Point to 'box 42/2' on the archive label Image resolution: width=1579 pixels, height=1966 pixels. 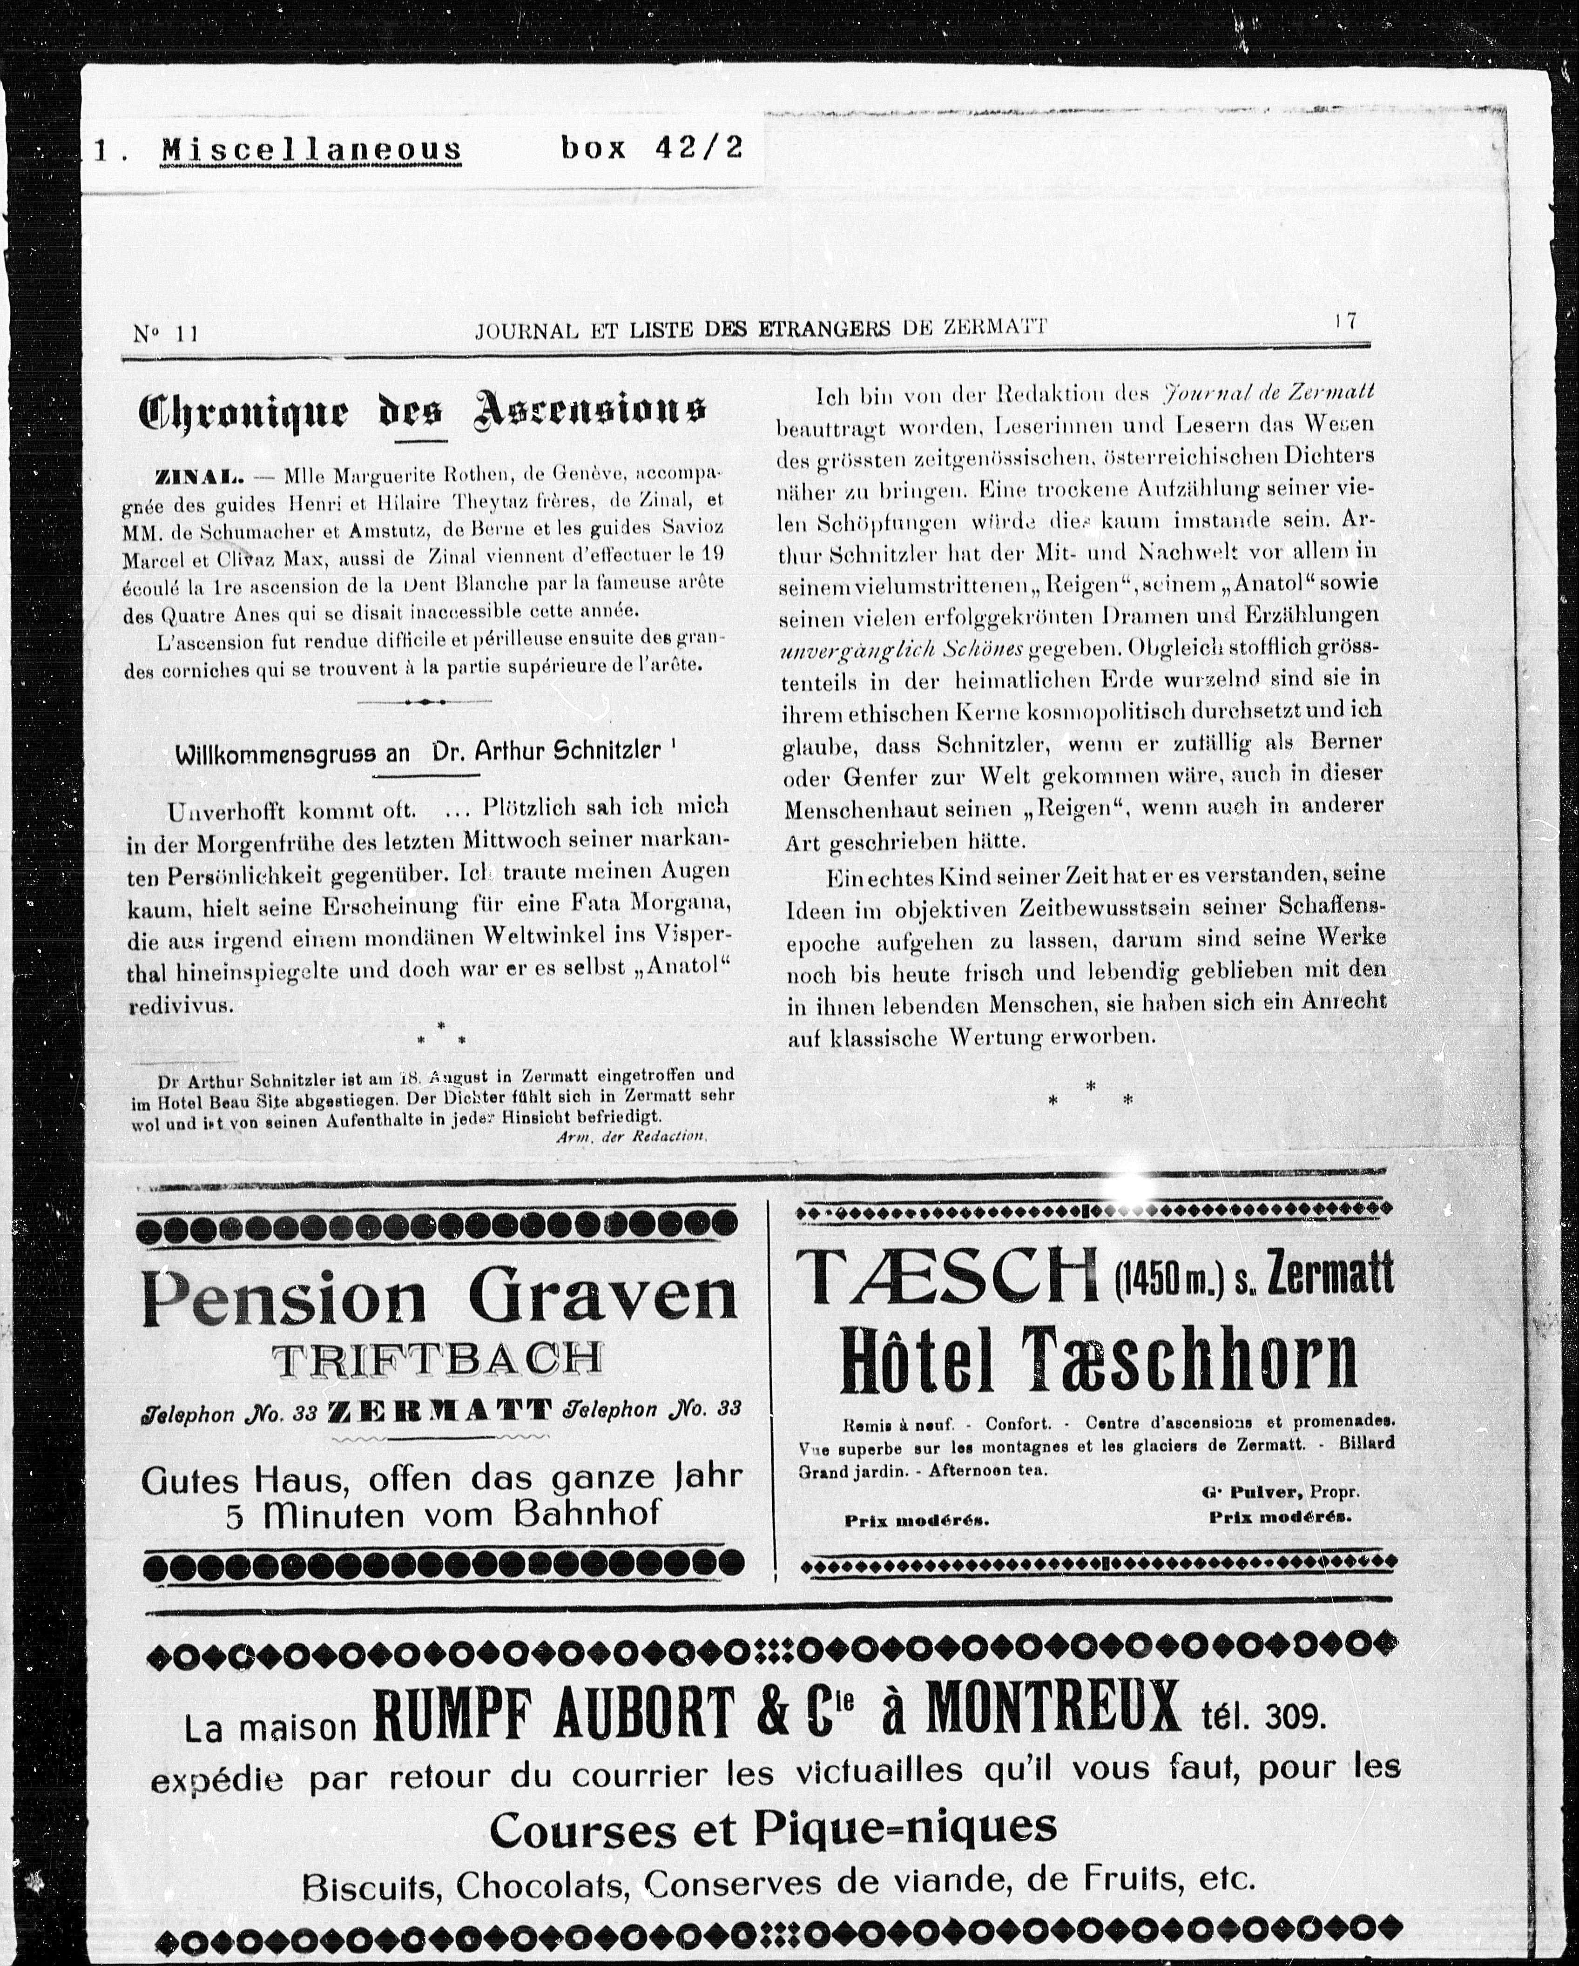(651, 147)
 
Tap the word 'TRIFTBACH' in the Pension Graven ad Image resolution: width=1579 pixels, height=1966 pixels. (438, 1360)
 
